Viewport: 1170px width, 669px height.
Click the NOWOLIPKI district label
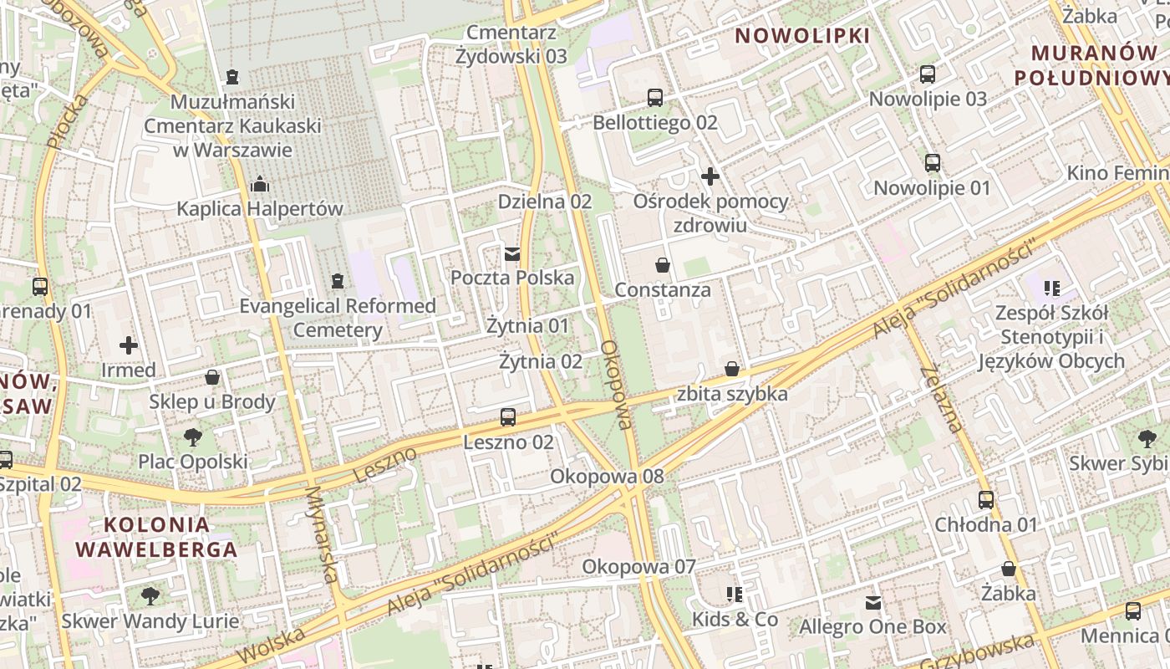(x=802, y=36)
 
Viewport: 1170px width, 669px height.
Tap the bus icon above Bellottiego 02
(x=655, y=98)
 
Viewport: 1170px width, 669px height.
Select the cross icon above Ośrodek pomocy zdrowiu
(x=710, y=176)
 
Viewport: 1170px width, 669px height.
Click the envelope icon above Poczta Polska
(x=512, y=253)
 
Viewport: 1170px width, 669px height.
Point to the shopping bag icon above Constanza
(x=663, y=266)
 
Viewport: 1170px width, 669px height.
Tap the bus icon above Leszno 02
(x=508, y=417)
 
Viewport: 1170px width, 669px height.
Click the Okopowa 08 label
(x=607, y=477)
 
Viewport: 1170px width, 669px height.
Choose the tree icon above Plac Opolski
(x=192, y=437)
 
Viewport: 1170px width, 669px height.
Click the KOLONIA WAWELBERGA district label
(x=157, y=538)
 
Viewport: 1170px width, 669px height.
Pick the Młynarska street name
(x=322, y=535)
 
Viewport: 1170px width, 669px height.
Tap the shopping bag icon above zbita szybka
(x=732, y=369)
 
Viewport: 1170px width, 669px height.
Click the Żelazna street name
(x=941, y=399)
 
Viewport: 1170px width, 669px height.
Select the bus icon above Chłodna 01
(x=986, y=500)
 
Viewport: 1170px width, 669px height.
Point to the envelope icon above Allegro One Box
(x=873, y=602)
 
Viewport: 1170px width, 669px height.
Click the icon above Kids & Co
(x=735, y=595)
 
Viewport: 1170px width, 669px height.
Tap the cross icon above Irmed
(x=129, y=345)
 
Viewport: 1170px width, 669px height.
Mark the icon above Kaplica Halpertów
(x=260, y=184)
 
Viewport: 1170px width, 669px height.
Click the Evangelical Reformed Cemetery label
(x=338, y=318)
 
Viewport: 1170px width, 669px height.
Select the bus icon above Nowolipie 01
(x=933, y=163)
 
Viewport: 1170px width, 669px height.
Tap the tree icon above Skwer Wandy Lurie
(x=150, y=596)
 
